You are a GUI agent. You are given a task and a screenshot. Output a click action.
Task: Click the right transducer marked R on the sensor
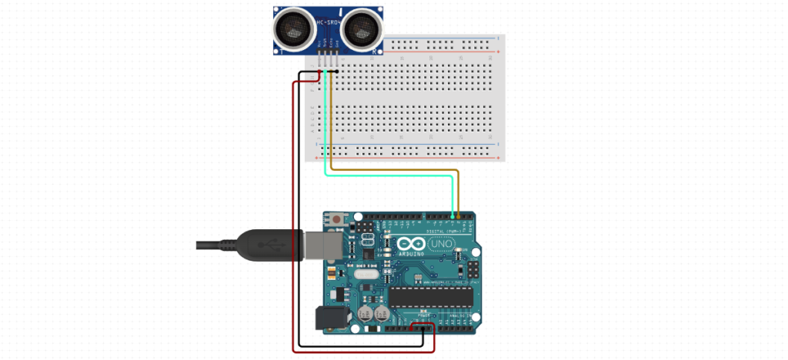pyautogui.click(x=362, y=28)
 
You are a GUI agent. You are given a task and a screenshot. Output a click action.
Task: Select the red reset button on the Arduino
pyautogui.click(x=336, y=222)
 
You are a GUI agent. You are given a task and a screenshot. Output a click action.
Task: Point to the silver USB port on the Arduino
pyautogui.click(x=323, y=244)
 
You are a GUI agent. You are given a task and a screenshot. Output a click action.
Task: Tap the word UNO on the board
pyautogui.click(x=441, y=244)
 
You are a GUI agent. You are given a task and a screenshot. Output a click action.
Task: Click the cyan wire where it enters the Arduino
pyautogui.click(x=451, y=215)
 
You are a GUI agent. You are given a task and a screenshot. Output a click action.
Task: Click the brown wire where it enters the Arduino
pyautogui.click(x=458, y=215)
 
